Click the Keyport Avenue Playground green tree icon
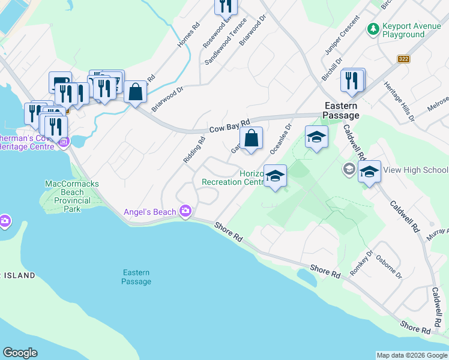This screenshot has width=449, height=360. (373, 28)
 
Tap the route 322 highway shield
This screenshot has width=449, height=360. (403, 59)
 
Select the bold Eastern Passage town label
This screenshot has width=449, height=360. (341, 110)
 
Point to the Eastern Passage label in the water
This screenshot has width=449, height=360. (136, 277)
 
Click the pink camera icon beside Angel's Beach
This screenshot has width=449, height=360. (185, 211)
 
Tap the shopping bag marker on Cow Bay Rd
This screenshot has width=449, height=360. (253, 137)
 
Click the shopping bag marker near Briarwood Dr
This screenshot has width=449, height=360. (136, 92)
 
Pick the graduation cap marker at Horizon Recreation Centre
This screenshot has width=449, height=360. (275, 176)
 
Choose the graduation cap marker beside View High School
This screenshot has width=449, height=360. (369, 172)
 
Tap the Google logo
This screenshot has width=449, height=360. (20, 352)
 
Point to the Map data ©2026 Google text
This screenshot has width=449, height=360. (411, 355)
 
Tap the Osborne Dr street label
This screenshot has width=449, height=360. (388, 266)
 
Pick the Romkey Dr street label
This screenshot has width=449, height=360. (363, 260)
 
